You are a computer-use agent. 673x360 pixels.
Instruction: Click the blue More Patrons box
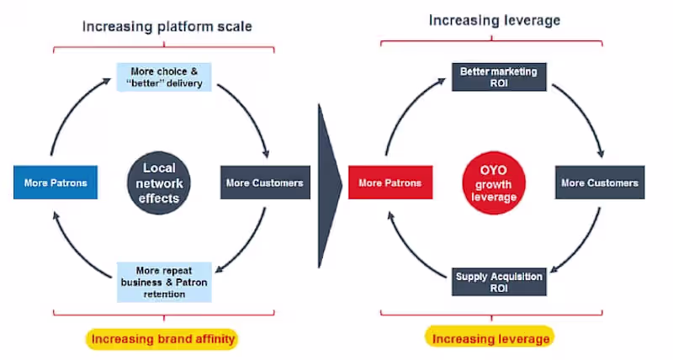(x=56, y=183)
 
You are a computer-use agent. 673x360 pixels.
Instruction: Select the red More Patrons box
(x=389, y=183)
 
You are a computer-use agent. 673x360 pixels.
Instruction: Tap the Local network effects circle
(x=160, y=183)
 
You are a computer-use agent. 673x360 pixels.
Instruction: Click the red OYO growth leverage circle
(x=495, y=183)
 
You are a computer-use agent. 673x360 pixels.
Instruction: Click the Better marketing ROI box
(x=498, y=77)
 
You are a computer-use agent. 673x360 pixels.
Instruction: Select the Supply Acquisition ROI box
(x=499, y=282)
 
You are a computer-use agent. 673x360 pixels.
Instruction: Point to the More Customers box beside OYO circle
(x=600, y=183)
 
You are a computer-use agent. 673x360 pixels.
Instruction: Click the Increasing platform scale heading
(x=167, y=26)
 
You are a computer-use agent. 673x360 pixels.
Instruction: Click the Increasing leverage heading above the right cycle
(x=494, y=19)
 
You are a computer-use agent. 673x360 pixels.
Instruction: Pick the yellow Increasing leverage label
(x=490, y=339)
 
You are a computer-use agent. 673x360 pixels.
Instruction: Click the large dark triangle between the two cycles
(x=329, y=183)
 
